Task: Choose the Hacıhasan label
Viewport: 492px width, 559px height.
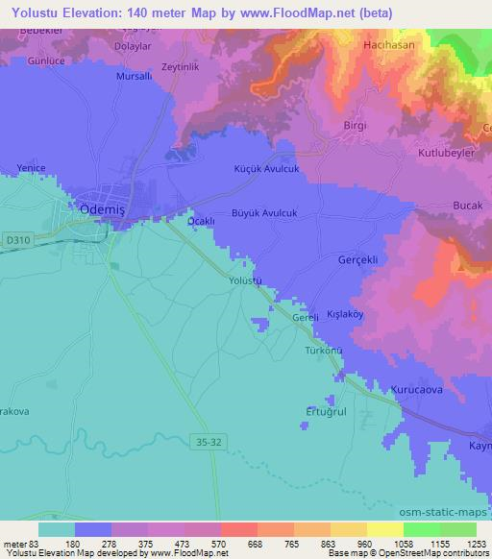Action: coord(388,45)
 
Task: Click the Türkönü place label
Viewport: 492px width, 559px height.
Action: coord(324,351)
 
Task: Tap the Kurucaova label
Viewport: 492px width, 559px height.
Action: coord(416,389)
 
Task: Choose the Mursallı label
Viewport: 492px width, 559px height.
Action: coord(135,76)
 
